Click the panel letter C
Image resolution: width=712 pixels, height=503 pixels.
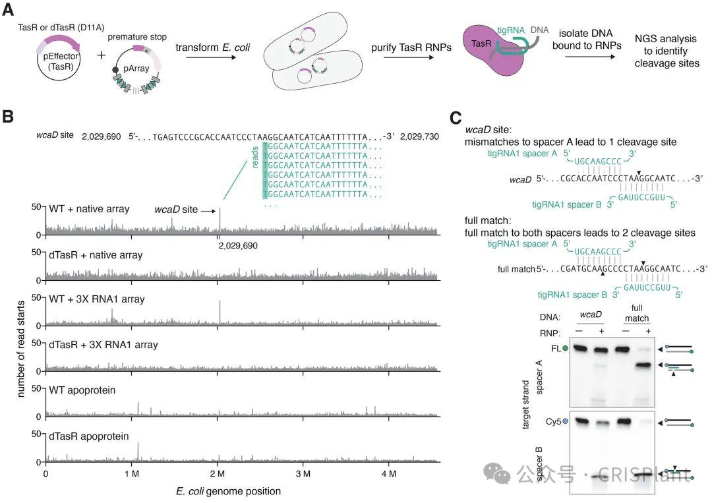click(456, 118)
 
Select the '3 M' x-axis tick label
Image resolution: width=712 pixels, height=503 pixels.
click(303, 473)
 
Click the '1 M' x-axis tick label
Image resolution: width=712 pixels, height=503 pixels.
click(131, 473)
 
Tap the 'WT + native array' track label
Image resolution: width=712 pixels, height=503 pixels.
click(88, 210)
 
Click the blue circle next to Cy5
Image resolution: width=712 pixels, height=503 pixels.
click(565, 420)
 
